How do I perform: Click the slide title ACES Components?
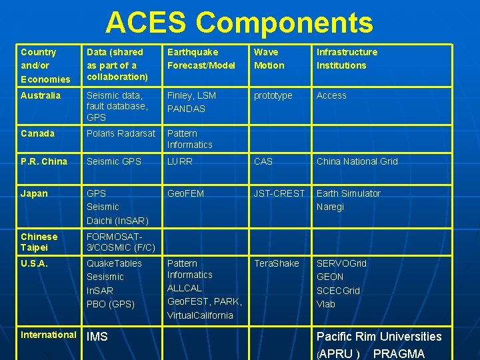click(x=239, y=22)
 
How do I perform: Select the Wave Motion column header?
click(x=269, y=59)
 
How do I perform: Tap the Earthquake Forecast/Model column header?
click(x=201, y=59)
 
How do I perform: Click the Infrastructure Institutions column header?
click(x=347, y=59)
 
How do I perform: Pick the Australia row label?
click(x=40, y=95)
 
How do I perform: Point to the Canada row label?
click(x=37, y=133)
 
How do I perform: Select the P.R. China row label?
click(x=43, y=161)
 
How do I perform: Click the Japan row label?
click(x=34, y=193)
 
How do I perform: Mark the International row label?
click(x=48, y=335)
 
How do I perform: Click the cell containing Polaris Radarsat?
click(x=121, y=133)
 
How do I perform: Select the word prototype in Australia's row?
click(x=273, y=95)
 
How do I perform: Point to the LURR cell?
click(x=179, y=161)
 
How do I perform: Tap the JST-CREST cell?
click(x=279, y=193)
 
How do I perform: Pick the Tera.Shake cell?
click(x=276, y=263)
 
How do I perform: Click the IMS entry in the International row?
click(x=97, y=337)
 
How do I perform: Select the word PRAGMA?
click(x=399, y=353)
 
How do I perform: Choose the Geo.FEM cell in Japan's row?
click(x=185, y=193)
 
